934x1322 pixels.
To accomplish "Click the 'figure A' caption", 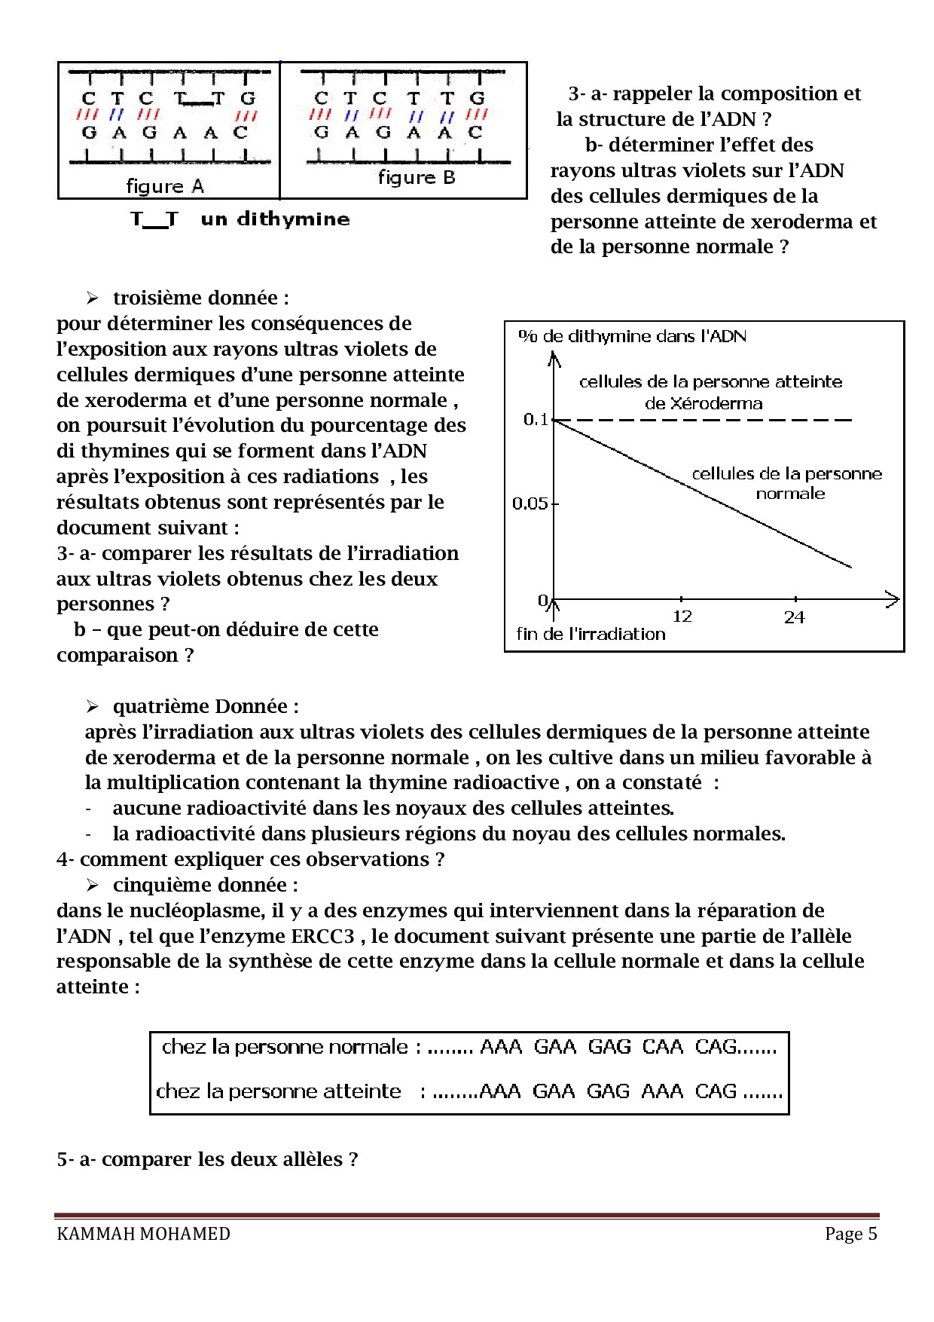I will [x=164, y=186].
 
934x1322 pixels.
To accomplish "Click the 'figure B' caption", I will [x=417, y=178].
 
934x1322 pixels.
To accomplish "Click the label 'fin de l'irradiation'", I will [x=591, y=634].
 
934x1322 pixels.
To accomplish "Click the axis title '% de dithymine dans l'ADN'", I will [x=633, y=336].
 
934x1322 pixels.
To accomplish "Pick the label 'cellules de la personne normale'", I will [x=787, y=483].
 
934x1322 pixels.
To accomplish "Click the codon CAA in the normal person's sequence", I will [x=662, y=1047].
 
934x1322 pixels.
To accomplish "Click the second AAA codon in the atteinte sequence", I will [x=662, y=1091].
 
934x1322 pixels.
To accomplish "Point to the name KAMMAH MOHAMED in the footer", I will [x=143, y=1234].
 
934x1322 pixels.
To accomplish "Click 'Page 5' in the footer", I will [x=850, y=1234].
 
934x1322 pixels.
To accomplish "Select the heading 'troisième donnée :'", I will [x=200, y=298].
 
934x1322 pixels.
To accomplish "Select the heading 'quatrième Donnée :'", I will [x=205, y=706].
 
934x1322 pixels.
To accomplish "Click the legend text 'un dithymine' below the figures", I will [x=275, y=219].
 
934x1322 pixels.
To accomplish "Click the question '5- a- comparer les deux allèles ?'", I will [x=207, y=1158].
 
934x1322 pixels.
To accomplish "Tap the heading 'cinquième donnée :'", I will [x=205, y=885].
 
